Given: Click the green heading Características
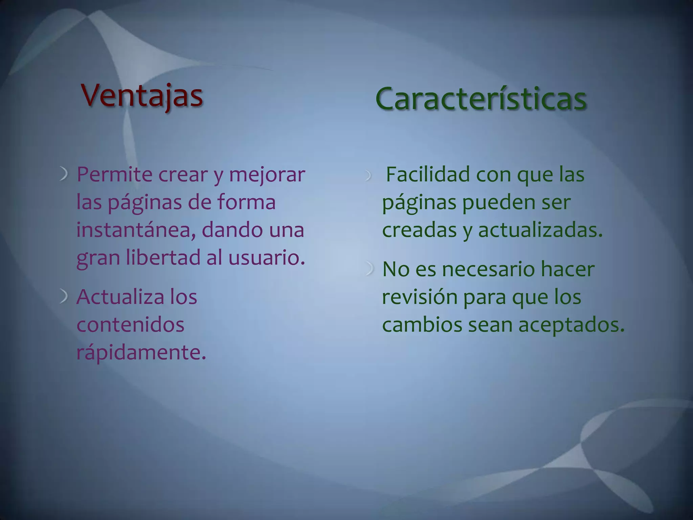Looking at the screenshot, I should pos(480,99).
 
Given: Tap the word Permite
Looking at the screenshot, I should pos(114,175).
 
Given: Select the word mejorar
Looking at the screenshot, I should pos(267,175).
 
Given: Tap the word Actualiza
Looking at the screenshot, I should pos(120,297).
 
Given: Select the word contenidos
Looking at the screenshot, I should pos(130,325).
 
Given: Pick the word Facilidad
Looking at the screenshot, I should pos(428,175).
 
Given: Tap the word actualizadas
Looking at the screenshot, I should pos(540,230).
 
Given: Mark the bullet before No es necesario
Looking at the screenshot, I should pos(370,269).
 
